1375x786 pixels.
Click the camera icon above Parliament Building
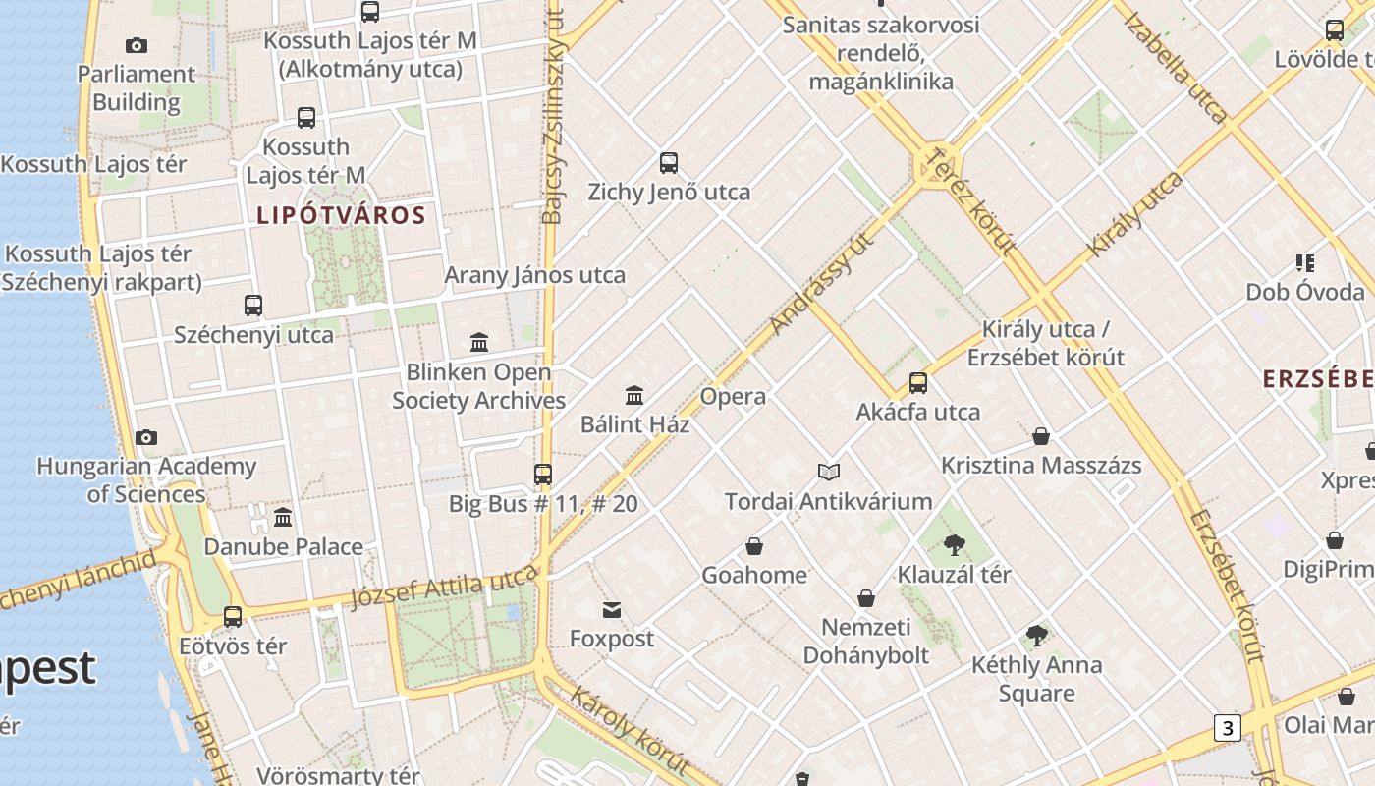137,45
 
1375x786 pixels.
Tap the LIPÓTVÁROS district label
341,215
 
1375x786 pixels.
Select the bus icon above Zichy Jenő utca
669,163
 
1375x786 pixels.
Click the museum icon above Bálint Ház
634,395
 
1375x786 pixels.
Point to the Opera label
733,396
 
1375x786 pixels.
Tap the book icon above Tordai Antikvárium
829,473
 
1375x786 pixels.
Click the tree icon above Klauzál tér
954,545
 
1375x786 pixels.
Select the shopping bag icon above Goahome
754,546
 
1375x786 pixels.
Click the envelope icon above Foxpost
612,610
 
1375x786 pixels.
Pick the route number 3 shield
1227,728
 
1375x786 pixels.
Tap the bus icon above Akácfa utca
918,383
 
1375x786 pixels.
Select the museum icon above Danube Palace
283,517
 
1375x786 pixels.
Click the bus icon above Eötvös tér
233,617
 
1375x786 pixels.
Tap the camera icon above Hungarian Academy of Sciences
146,437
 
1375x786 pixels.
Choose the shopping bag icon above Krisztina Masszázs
1041,436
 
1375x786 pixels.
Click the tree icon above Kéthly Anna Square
1036,636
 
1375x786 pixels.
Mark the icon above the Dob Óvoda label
1305,263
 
